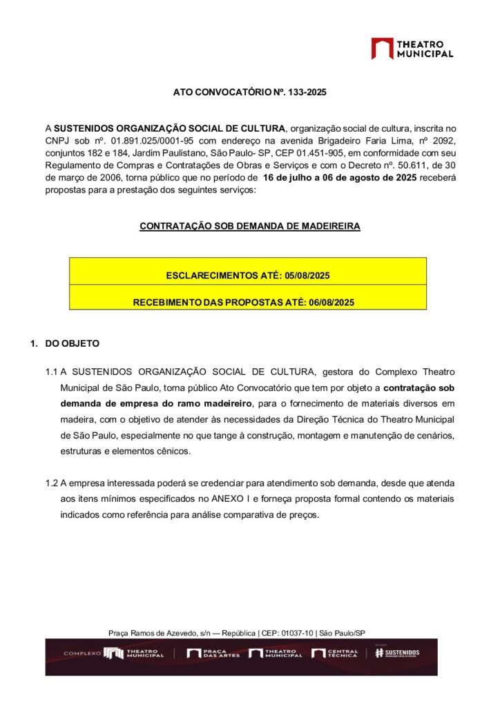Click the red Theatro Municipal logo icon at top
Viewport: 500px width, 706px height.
382,48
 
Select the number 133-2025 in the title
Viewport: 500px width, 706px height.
307,92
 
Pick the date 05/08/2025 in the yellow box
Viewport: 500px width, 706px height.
306,276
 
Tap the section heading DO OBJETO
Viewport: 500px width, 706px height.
72,343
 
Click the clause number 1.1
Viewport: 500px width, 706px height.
51,372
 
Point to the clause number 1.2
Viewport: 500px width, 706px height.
51,483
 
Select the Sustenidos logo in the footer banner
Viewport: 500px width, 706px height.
396,653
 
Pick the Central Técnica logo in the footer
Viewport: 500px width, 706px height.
335,653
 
